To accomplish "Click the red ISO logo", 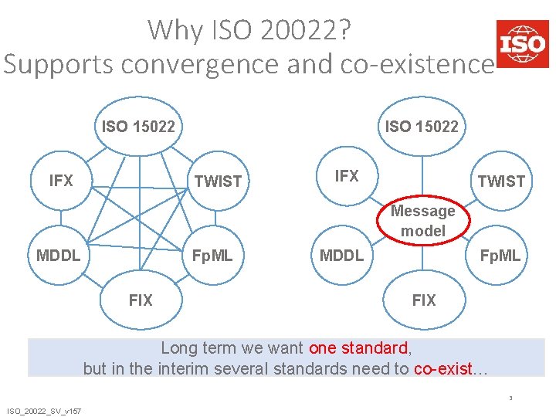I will click(x=522, y=43).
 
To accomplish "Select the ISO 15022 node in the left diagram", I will click(x=139, y=126).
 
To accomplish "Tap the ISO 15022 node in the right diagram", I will click(x=422, y=126).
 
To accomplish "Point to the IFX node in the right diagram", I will click(x=346, y=177).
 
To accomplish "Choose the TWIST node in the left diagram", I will click(x=218, y=181).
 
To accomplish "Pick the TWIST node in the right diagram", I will click(x=501, y=181).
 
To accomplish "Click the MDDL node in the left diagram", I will click(x=59, y=255).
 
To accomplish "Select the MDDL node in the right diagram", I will click(x=341, y=255).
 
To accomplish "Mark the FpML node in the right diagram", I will click(x=500, y=255).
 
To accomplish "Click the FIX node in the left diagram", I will click(x=141, y=300).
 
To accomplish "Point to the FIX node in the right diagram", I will click(x=423, y=300).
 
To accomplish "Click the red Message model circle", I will click(x=423, y=221).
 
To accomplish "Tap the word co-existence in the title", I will click(x=413, y=63).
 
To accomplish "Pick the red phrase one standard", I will click(x=358, y=347).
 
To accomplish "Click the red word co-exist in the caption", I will click(x=442, y=368).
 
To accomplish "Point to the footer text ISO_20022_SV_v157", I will click(x=45, y=410).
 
